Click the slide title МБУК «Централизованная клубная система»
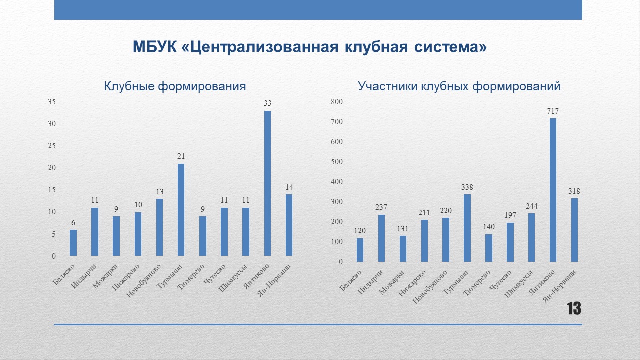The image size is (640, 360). click(310, 47)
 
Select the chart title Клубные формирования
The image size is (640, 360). click(175, 86)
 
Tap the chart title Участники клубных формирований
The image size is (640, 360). click(459, 86)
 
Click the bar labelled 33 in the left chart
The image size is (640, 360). click(267, 183)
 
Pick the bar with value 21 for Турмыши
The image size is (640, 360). click(181, 210)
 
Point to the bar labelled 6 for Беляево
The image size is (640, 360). click(73, 243)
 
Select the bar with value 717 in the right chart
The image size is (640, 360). click(553, 190)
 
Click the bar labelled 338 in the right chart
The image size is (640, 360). click(467, 228)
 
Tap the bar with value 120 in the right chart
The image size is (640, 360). click(360, 250)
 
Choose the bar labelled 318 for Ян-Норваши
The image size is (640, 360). click(574, 230)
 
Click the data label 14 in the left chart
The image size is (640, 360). click(289, 187)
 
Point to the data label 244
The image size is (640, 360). click(531, 206)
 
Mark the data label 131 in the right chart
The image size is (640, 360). click(403, 229)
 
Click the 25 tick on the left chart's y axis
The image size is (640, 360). click(52, 146)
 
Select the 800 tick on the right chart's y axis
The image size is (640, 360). click(337, 102)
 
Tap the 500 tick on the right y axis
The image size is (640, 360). click(337, 162)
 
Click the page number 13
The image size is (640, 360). click(573, 309)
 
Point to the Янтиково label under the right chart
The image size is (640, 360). click(542, 282)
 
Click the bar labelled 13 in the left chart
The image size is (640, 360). click(159, 227)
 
